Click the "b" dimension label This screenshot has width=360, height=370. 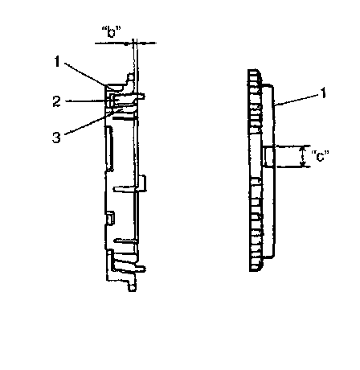[x=111, y=31]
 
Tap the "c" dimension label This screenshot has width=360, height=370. [x=320, y=156]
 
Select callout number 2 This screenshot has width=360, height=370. [x=56, y=102]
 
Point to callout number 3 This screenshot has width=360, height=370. [x=56, y=138]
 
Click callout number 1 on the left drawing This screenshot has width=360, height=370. [x=57, y=61]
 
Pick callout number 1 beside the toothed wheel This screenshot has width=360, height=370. [x=323, y=93]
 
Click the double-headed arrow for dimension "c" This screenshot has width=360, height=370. [x=303, y=156]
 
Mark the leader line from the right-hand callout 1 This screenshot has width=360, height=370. [x=297, y=100]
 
